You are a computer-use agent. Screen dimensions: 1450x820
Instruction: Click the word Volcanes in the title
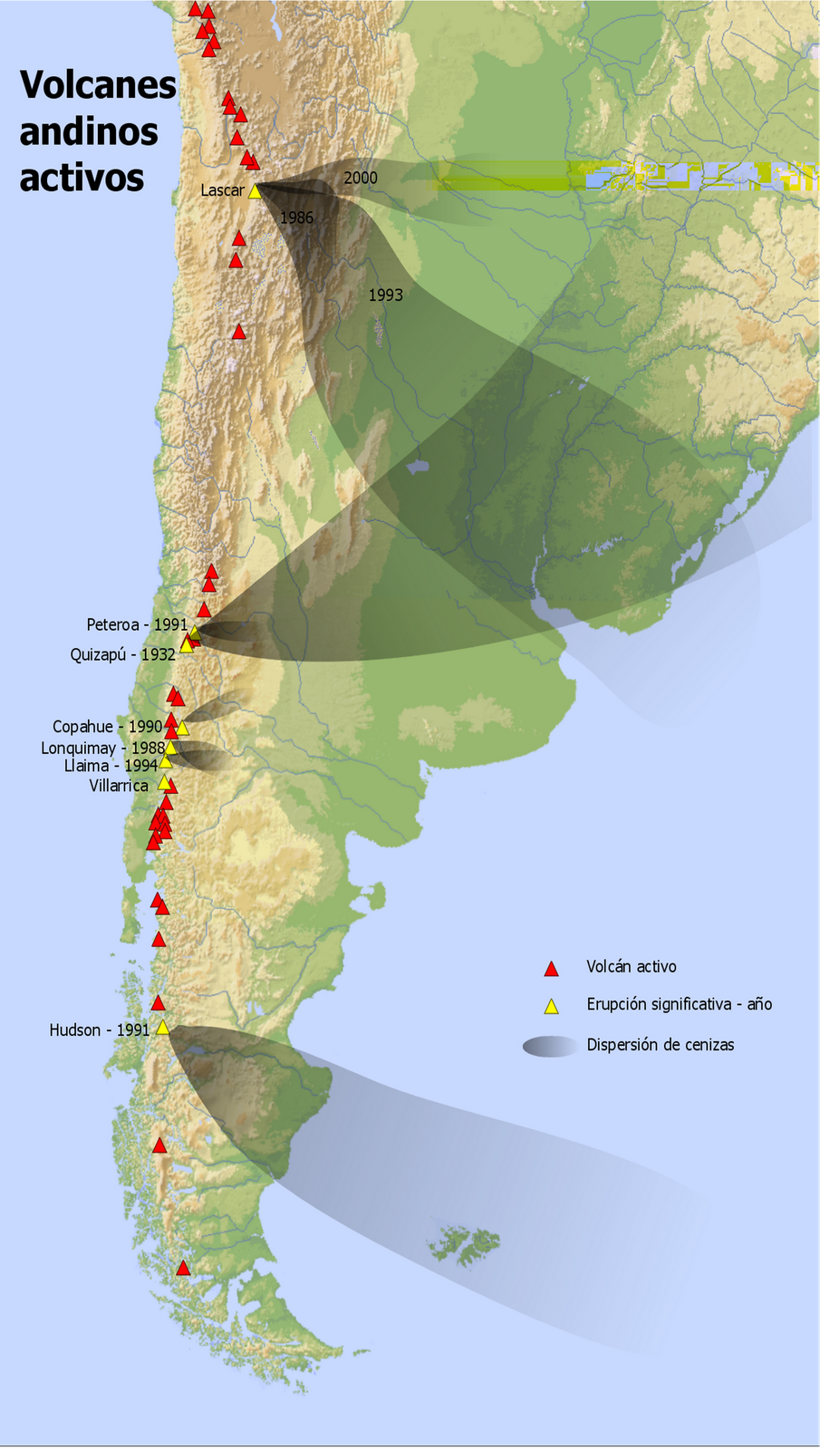click(98, 85)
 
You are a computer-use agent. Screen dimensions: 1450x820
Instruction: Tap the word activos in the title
click(82, 178)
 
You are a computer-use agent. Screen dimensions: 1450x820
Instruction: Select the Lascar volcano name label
click(222, 190)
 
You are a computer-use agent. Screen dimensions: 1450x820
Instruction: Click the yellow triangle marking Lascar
click(255, 191)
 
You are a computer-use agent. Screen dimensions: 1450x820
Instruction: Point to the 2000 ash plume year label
click(361, 178)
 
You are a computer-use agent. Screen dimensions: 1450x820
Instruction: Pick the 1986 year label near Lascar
click(296, 217)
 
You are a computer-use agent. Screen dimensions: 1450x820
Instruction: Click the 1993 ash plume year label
click(385, 295)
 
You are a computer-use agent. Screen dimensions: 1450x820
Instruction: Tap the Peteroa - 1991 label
click(137, 624)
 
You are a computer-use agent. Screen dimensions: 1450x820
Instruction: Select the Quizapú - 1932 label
click(122, 654)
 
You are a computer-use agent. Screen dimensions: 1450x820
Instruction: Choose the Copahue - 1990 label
click(107, 727)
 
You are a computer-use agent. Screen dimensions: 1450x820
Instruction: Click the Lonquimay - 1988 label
click(102, 748)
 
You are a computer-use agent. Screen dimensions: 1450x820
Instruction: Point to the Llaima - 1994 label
click(111, 766)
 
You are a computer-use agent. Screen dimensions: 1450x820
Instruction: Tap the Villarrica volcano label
click(119, 786)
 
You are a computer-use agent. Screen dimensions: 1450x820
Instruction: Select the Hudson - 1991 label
click(99, 1029)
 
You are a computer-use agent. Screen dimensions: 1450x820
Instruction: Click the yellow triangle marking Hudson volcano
click(163, 1028)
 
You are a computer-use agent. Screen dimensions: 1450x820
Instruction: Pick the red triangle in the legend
click(550, 969)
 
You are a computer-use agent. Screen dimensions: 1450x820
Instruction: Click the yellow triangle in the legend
click(550, 1006)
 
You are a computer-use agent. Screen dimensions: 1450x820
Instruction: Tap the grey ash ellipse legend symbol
click(549, 1046)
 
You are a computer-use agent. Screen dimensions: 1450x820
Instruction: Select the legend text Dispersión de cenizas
click(660, 1045)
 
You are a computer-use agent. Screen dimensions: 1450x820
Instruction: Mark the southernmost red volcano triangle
click(183, 1269)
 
